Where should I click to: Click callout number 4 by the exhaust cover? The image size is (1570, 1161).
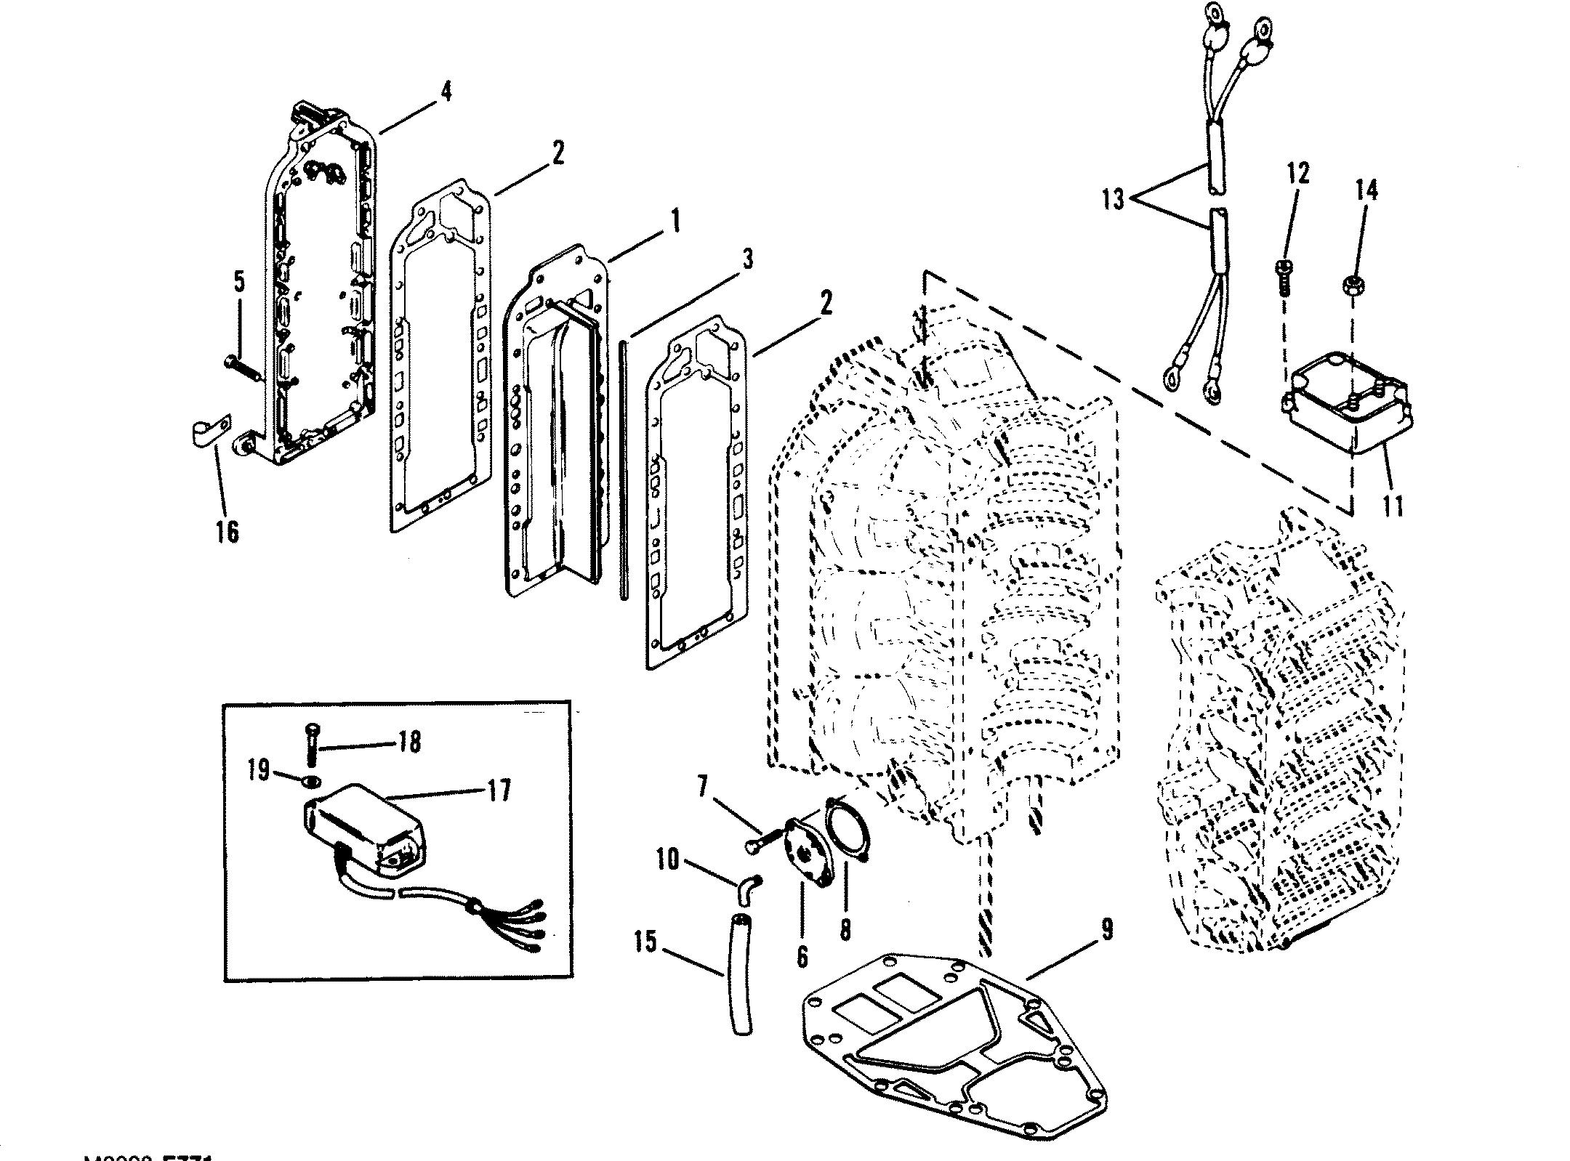(445, 92)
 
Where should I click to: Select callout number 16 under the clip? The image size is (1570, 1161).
(227, 531)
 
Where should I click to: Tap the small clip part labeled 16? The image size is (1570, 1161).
(209, 429)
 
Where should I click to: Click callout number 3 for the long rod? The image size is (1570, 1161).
(747, 259)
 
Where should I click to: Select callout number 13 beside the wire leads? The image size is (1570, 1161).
(1113, 199)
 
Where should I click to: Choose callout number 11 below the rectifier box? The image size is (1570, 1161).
(1393, 506)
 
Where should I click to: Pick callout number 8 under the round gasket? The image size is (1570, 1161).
(845, 929)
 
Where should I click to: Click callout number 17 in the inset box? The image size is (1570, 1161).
(498, 790)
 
